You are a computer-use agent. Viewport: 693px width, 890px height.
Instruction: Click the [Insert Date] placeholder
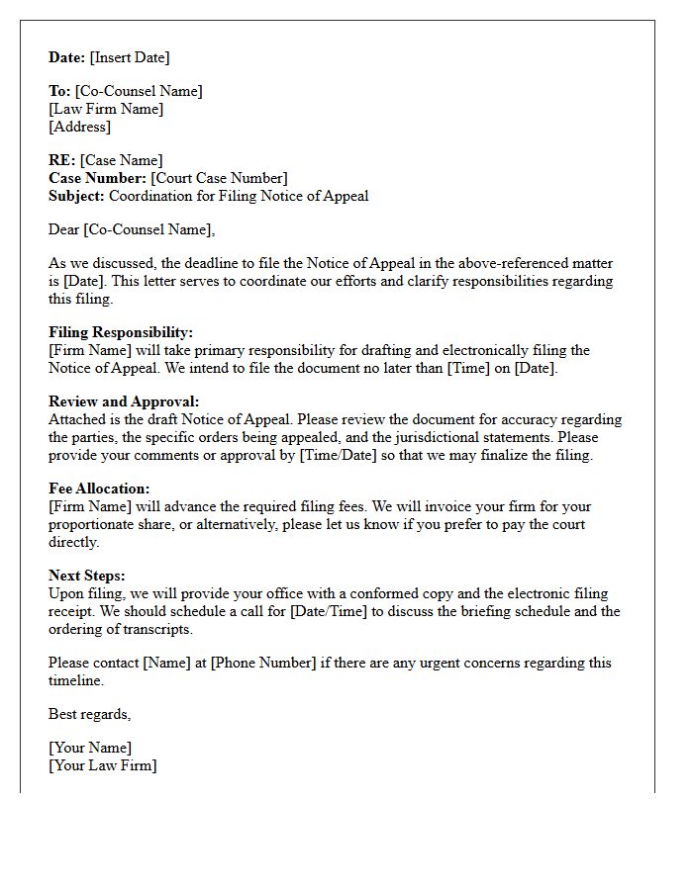coord(130,57)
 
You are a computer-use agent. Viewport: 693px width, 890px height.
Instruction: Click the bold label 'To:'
coord(59,91)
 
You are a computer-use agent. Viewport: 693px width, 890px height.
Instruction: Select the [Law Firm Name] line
coord(106,109)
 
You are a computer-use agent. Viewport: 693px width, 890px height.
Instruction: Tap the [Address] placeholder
coord(79,127)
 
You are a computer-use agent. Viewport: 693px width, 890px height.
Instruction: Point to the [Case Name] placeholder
coord(121,160)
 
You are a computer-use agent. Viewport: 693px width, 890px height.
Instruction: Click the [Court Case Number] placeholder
coord(219,178)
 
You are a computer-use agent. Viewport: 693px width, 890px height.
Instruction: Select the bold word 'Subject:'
coord(76,196)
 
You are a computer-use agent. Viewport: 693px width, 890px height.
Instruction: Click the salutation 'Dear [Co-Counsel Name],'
coord(132,229)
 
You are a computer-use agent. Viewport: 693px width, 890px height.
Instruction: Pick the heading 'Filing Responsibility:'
coord(121,332)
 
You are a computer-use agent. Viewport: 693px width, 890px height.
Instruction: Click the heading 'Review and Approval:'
coord(124,401)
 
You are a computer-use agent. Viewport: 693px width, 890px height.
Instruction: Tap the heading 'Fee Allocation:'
coord(99,489)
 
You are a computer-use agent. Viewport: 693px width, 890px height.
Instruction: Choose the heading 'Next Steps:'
coord(87,576)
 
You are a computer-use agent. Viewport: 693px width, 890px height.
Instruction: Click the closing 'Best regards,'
coord(89,714)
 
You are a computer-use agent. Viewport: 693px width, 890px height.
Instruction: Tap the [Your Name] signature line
coord(90,748)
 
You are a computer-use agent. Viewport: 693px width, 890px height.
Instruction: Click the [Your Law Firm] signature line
coord(103,765)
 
